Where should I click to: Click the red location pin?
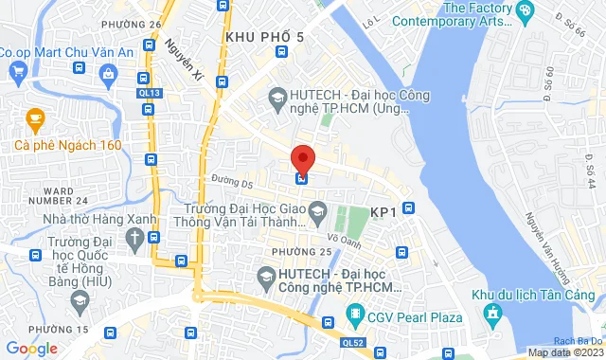coord(302,158)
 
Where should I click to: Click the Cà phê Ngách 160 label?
coord(68,145)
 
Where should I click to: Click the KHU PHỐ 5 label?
coord(265,36)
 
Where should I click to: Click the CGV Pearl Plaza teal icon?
coord(355,313)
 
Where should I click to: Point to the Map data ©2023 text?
coord(565,352)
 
